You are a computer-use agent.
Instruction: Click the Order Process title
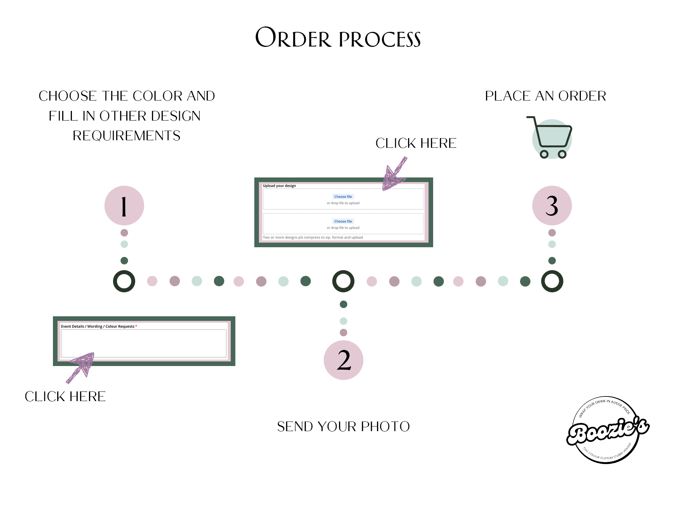338,38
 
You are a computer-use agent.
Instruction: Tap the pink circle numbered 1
124,205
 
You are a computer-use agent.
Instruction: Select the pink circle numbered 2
343,360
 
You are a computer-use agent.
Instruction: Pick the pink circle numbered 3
552,205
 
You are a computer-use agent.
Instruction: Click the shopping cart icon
550,138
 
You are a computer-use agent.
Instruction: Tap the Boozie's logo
607,430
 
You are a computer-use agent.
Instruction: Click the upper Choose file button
343,196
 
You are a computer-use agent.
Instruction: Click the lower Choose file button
343,221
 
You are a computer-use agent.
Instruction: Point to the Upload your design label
279,186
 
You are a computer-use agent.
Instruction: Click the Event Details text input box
143,343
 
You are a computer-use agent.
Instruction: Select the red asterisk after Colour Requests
136,326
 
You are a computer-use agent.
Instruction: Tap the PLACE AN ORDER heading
545,96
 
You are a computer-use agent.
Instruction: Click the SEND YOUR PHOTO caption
343,426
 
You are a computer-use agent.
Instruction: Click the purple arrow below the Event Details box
82,367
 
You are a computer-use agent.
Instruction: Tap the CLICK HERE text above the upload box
416,143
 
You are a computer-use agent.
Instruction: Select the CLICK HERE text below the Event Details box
65,396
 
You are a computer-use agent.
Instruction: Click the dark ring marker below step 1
124,281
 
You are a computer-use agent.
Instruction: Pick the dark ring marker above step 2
343,281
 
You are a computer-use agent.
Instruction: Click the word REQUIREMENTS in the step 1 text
127,136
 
